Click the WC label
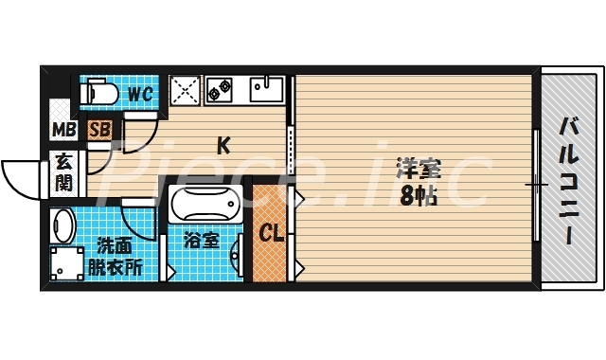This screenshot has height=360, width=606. point(140,93)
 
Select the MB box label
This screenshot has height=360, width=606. point(63,130)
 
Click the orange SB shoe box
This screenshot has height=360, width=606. point(98,130)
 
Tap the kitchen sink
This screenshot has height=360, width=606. point(266,89)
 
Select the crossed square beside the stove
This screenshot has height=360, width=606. point(185,89)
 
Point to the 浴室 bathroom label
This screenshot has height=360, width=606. point(203,240)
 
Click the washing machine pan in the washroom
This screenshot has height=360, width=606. point(64,264)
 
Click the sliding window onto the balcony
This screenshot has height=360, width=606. point(536,180)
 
